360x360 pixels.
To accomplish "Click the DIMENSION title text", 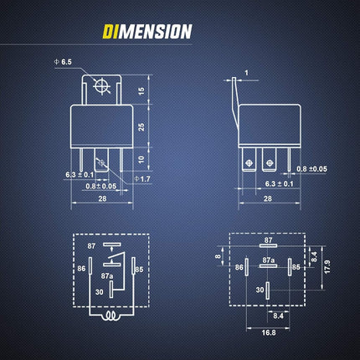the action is [147, 31].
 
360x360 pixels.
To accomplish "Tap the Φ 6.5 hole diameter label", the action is [63, 62].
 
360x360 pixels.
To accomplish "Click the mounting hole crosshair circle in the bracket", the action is [101, 86].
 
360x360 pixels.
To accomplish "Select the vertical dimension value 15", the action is [141, 90].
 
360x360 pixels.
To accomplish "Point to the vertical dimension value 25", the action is [141, 127].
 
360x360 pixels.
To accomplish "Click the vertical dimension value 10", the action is [141, 160].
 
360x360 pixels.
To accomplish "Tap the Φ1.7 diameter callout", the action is [142, 179].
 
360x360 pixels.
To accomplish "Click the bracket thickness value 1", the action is [246, 73].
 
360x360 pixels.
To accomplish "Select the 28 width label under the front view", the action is [102, 198].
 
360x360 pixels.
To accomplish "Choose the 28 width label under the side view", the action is [268, 198].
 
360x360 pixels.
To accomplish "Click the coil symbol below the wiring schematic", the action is [111, 316].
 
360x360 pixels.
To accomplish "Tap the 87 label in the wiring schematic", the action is [91, 246].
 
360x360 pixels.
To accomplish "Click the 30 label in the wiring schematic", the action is [100, 292].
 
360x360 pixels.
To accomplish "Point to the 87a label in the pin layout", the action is [269, 260].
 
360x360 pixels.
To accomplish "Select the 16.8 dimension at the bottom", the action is [269, 332].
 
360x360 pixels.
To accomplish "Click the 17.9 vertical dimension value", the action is [327, 266].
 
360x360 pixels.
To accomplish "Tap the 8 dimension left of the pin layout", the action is [219, 255].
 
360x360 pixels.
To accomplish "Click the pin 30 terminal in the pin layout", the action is [268, 291].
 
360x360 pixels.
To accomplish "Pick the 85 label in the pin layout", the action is [296, 267].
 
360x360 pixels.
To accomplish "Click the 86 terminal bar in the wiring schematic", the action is [90, 265].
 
